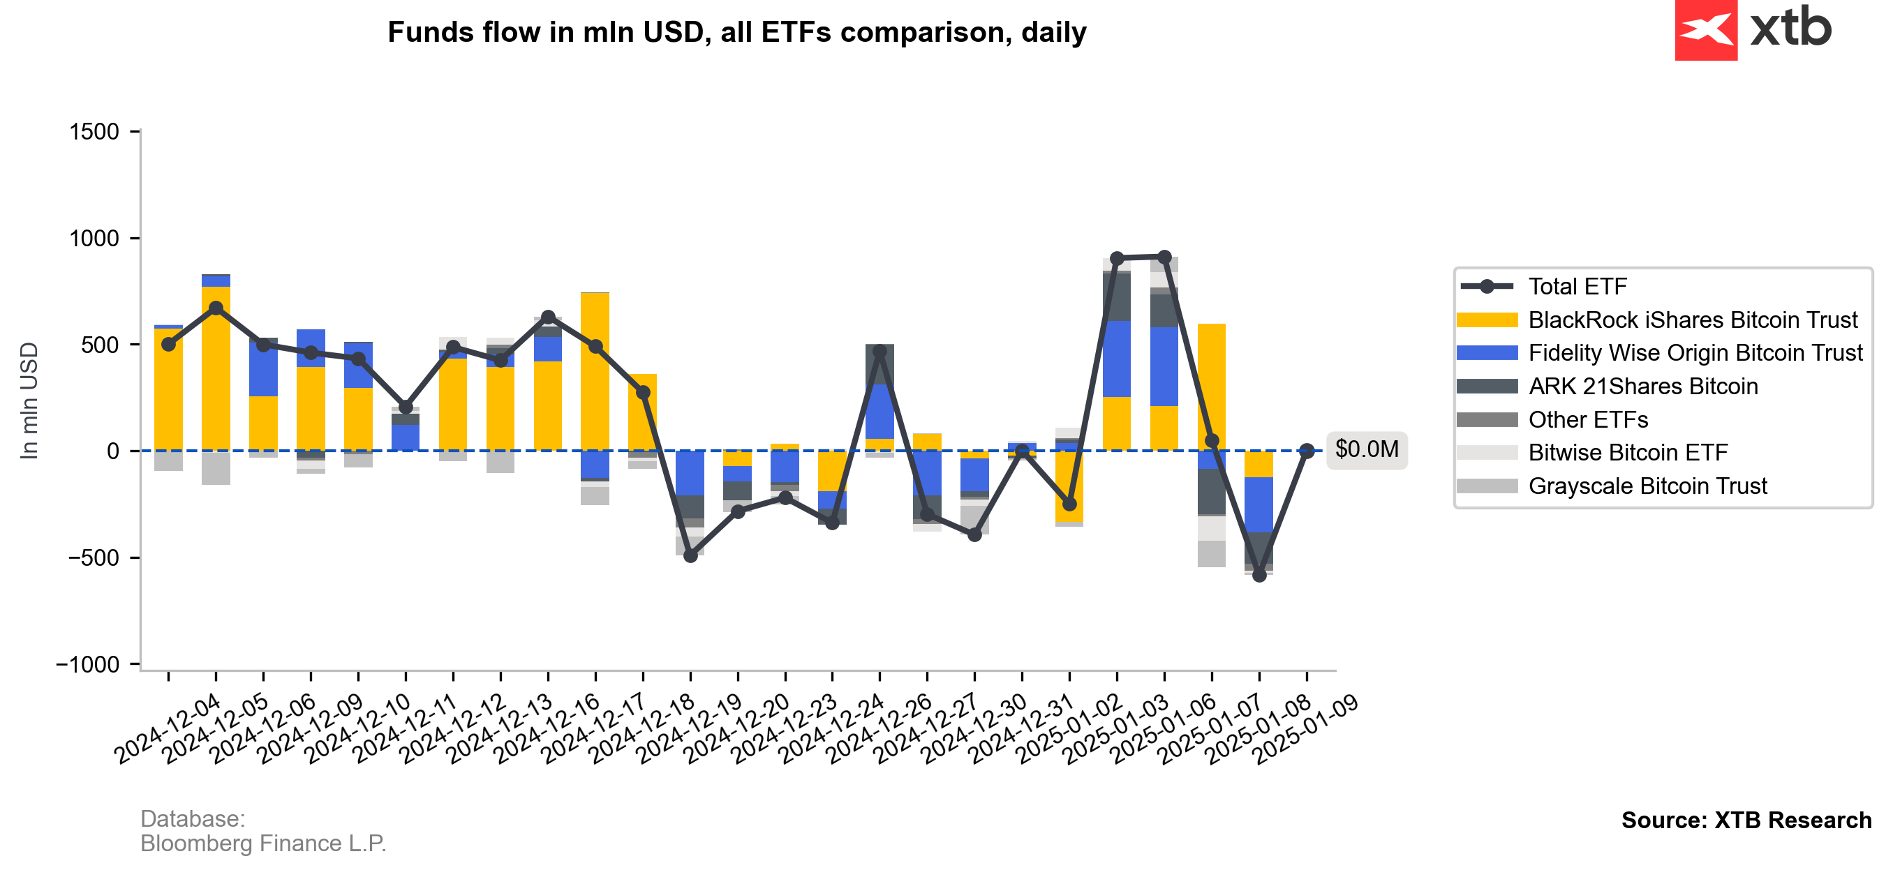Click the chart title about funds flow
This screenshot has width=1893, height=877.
tap(736, 32)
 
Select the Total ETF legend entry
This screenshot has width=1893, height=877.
tap(1577, 287)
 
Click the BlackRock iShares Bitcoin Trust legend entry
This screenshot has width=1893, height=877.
tap(1693, 320)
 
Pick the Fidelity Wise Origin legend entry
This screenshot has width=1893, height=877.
tap(1695, 353)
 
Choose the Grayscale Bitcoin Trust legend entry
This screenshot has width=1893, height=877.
tap(1647, 486)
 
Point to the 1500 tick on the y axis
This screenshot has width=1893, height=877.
tap(94, 132)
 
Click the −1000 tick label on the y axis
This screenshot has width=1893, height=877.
tap(88, 665)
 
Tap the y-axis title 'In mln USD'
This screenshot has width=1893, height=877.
tap(29, 401)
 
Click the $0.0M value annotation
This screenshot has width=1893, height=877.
tap(1366, 449)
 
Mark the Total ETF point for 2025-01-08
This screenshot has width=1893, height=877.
tap(1259, 575)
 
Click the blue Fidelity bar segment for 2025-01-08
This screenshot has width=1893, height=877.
tap(1259, 504)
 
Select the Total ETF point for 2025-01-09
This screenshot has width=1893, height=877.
tap(1307, 451)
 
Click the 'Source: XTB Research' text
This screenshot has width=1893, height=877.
tap(1746, 820)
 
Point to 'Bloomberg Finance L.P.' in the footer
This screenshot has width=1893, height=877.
tap(263, 844)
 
